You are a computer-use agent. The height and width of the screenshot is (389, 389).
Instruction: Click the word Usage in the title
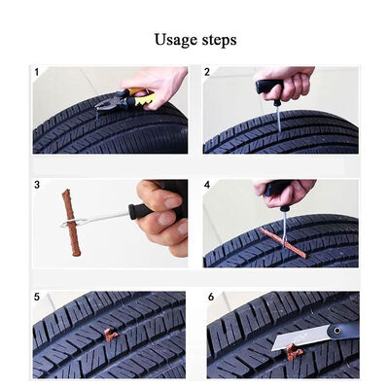coord(176,40)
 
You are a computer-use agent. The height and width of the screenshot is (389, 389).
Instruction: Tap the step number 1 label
coord(37,72)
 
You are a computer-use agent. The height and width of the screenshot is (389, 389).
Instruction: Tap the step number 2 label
coord(207,72)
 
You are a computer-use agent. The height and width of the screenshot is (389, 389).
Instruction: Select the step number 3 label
coord(37,185)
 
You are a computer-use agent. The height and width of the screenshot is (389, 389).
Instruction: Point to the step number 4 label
coord(207,185)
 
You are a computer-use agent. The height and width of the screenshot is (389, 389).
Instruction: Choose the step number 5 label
coord(37,297)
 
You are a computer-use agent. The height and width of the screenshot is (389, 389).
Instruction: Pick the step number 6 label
coord(211,297)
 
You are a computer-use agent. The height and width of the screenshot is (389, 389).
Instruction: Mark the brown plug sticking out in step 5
coord(110,335)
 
